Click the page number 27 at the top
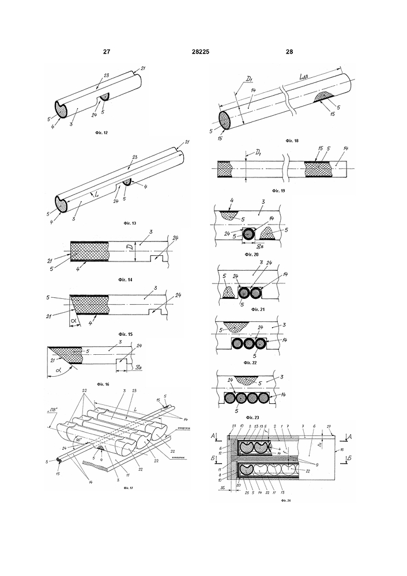pyautogui.click(x=106, y=52)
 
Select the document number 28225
pyautogui.click(x=200, y=52)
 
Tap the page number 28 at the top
pyautogui.click(x=289, y=52)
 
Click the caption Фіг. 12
pyautogui.click(x=101, y=132)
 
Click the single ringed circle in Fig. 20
pyautogui.click(x=250, y=234)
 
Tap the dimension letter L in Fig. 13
pyautogui.click(x=97, y=196)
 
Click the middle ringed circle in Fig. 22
pyautogui.click(x=249, y=344)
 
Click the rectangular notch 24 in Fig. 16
pyautogui.click(x=122, y=364)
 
